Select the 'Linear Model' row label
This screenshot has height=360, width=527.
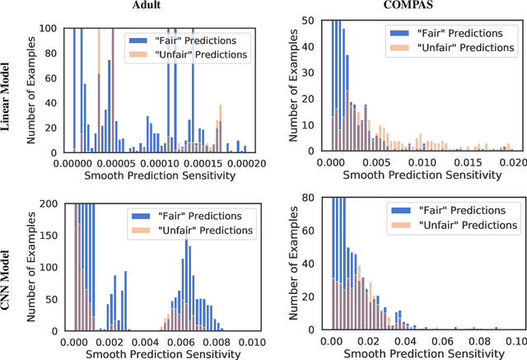point(7,91)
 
